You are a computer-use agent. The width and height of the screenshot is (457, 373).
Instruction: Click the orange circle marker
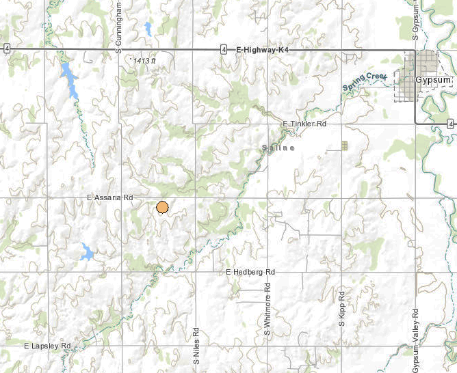(x=162, y=208)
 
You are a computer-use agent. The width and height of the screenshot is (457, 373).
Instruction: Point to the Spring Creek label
(x=365, y=82)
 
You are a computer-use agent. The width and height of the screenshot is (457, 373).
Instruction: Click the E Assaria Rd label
(x=109, y=197)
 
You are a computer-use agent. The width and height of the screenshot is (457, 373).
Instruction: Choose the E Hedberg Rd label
(x=250, y=272)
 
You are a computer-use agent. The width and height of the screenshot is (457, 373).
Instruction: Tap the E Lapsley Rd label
(x=47, y=346)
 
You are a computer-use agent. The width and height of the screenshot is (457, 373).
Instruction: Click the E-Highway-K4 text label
(x=263, y=49)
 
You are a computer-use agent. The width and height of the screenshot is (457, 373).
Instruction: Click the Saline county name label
(x=278, y=148)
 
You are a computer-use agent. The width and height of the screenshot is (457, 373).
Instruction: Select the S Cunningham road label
(x=118, y=26)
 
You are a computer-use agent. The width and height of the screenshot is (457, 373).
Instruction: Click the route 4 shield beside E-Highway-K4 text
(x=224, y=49)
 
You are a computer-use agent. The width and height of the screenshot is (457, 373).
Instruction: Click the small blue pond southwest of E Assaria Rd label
(x=86, y=252)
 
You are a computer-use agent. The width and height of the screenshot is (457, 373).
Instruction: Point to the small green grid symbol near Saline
(x=345, y=145)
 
